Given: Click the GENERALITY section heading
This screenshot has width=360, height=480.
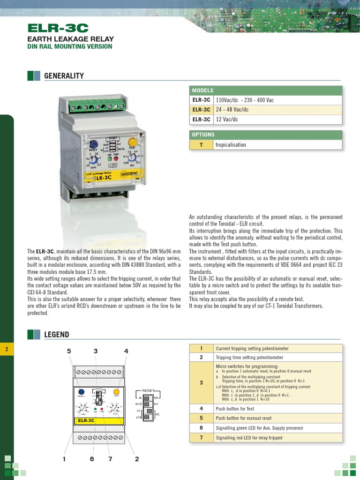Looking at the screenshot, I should tap(64, 76).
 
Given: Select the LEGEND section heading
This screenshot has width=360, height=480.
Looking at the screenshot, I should tap(56, 335).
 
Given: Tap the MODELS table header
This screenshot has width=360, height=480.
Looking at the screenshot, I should tap(202, 90).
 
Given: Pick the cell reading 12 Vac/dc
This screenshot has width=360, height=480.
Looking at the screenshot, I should tap(227, 120).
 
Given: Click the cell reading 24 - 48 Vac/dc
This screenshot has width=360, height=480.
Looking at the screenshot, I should tap(232, 110).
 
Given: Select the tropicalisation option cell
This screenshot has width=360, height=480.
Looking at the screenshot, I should tap(231, 145).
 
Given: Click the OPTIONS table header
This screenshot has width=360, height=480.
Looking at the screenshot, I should tap(203, 135).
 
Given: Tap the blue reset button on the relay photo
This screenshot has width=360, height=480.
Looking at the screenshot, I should tap(93, 144).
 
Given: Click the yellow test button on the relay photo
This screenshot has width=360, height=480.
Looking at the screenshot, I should tap(132, 142).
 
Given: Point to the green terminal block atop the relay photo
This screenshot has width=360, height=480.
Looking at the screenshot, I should tap(99, 107).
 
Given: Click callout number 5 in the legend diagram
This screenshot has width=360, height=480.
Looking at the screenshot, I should tap(69, 351).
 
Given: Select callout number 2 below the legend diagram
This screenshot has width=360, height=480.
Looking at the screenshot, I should tap(137, 459).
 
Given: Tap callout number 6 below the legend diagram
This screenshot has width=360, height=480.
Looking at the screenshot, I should tap(92, 459).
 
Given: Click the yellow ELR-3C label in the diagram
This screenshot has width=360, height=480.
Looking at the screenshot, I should tap(86, 420).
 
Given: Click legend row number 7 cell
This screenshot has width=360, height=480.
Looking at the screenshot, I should tap(201, 438).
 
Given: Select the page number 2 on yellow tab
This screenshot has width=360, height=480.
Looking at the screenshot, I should tap(7, 349).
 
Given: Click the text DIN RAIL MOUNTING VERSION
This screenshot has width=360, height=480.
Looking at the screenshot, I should tap(70, 47).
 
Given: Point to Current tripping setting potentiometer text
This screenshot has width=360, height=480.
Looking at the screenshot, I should tap(252, 349).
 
